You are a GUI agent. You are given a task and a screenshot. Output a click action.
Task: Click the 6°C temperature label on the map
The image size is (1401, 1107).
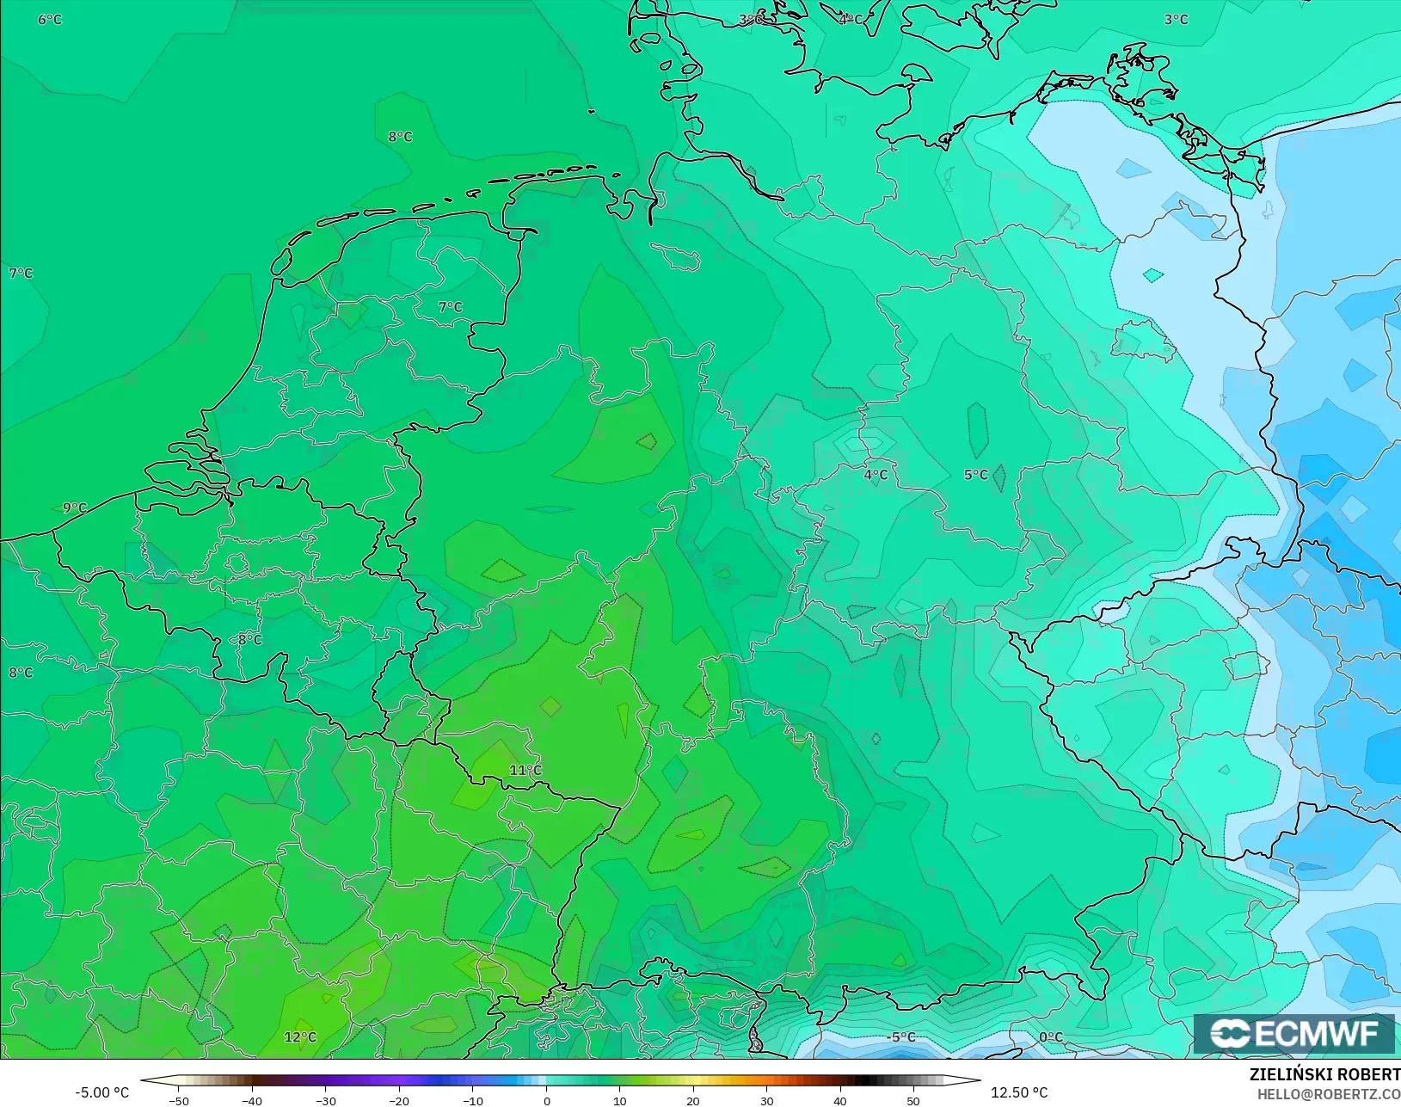pyautogui.click(x=50, y=19)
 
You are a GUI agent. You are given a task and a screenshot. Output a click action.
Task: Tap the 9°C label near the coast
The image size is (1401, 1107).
pyautogui.click(x=75, y=507)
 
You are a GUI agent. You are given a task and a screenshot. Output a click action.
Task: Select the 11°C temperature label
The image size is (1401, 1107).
pyautogui.click(x=525, y=770)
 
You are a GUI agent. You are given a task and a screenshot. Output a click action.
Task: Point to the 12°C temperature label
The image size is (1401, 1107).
pyautogui.click(x=300, y=1037)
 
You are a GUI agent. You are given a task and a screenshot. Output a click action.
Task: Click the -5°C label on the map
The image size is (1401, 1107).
pyautogui.click(x=900, y=1037)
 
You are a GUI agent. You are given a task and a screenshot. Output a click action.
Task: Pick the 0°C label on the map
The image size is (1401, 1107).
pyautogui.click(x=1051, y=1037)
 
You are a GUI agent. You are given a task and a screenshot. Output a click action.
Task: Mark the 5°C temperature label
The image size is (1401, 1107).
pyautogui.click(x=975, y=475)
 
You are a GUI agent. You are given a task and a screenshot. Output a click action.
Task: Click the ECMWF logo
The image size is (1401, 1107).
pyautogui.click(x=1293, y=1033)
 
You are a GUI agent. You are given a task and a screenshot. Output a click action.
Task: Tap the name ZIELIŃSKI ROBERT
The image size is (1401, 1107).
pyautogui.click(x=1324, y=1074)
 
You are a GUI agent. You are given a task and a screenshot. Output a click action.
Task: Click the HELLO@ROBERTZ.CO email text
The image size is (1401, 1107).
pyautogui.click(x=1329, y=1094)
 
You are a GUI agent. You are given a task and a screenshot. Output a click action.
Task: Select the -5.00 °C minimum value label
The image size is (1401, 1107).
pyautogui.click(x=101, y=1092)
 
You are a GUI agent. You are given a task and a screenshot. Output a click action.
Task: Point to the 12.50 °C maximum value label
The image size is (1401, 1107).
pyautogui.click(x=1019, y=1092)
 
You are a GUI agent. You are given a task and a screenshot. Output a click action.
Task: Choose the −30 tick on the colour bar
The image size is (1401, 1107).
pyautogui.click(x=325, y=1100)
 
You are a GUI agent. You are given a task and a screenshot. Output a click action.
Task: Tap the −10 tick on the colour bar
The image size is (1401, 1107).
pyautogui.click(x=472, y=1100)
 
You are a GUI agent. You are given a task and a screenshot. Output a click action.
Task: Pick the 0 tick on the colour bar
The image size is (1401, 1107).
pyautogui.click(x=546, y=1100)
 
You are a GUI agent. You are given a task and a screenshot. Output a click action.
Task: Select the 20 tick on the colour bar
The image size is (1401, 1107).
pyautogui.click(x=693, y=1100)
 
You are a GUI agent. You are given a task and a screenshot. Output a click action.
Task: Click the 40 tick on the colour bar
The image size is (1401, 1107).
pyautogui.click(x=840, y=1100)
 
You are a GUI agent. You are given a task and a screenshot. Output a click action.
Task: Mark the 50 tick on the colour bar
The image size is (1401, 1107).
pyautogui.click(x=913, y=1100)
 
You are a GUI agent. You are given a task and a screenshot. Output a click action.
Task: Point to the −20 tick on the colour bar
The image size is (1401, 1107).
pyautogui.click(x=398, y=1100)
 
